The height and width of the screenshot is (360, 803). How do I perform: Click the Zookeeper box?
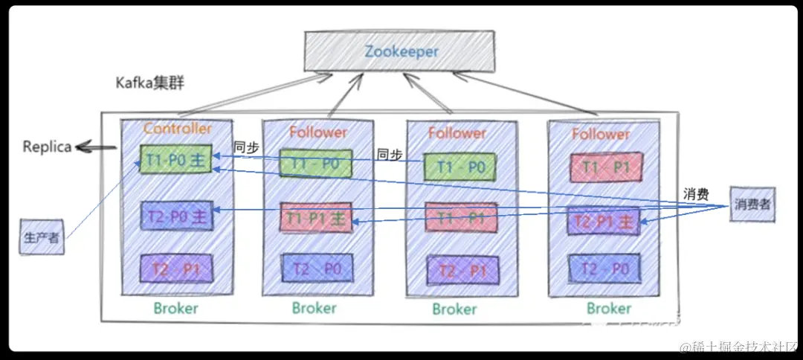tap(401, 51)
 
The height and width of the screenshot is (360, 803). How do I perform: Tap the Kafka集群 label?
tap(149, 83)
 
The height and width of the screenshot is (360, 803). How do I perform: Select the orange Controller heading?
tap(177, 128)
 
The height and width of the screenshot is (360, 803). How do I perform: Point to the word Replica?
tap(47, 147)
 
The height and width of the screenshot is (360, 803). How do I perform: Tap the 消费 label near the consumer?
tap(697, 193)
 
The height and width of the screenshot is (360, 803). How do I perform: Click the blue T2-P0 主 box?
tap(176, 217)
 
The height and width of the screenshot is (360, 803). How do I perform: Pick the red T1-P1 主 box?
tap(315, 218)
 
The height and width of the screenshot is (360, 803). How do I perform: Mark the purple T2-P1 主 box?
tap(603, 221)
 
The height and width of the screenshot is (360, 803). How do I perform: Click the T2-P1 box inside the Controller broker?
tap(176, 268)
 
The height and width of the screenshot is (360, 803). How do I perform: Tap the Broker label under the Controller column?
tap(175, 308)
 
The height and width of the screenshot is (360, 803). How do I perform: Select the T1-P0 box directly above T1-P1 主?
tap(315, 163)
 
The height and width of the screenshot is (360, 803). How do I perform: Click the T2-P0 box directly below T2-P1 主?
tap(603, 268)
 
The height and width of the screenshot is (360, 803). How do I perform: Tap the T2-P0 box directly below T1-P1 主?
tap(315, 268)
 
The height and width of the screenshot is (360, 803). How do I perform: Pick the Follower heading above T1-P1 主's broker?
tap(317, 132)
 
